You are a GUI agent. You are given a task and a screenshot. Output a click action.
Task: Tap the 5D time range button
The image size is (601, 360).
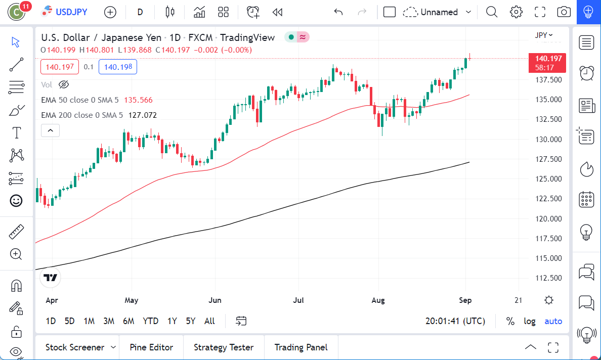tap(69, 321)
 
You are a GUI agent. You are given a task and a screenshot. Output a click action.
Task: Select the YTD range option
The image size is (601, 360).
tap(150, 321)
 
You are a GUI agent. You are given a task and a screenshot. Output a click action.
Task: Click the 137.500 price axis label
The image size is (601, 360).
tap(548, 80)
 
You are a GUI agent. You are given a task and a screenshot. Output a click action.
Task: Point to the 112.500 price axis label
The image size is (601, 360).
tap(548, 278)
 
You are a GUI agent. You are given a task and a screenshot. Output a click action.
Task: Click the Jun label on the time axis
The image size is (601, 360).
tap(215, 300)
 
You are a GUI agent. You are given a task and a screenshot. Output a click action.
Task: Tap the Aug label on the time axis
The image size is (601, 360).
tap(378, 300)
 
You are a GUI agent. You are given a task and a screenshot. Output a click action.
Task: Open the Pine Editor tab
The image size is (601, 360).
tap(151, 347)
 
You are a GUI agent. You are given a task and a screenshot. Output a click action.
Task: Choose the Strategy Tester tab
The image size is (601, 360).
tap(224, 347)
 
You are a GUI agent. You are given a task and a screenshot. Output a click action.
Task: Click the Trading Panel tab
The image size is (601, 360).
tap(301, 347)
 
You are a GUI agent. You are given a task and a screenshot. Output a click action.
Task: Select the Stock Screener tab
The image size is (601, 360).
tap(75, 347)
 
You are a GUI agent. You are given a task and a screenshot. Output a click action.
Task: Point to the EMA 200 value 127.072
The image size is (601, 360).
tap(142, 115)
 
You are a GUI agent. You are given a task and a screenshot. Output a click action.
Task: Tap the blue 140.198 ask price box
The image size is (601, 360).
tap(117, 67)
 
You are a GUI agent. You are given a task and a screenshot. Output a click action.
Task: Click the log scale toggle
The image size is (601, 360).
tap(529, 321)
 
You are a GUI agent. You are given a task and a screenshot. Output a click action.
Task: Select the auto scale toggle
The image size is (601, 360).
tap(553, 321)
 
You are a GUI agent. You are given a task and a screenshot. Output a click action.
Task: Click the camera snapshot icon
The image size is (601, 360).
tap(564, 12)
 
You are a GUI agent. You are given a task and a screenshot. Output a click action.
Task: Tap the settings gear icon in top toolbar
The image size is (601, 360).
tap(516, 12)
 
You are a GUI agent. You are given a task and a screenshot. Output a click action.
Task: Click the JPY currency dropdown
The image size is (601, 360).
tap(543, 35)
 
